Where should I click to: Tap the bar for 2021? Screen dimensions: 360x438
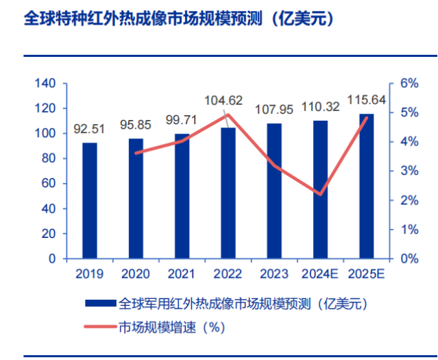(182, 196)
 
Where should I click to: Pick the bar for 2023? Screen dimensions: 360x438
(274, 191)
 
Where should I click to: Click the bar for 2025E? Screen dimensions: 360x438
(367, 186)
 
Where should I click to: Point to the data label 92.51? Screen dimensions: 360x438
(90, 130)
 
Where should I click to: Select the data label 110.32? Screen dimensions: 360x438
(321, 107)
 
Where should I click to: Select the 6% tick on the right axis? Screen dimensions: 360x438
(409, 84)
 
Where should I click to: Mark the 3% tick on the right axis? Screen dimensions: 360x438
(409, 171)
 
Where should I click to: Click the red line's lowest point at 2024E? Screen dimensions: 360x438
(321, 194)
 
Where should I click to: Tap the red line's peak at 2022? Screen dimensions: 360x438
(228, 115)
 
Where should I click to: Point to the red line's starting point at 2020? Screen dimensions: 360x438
(136, 153)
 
